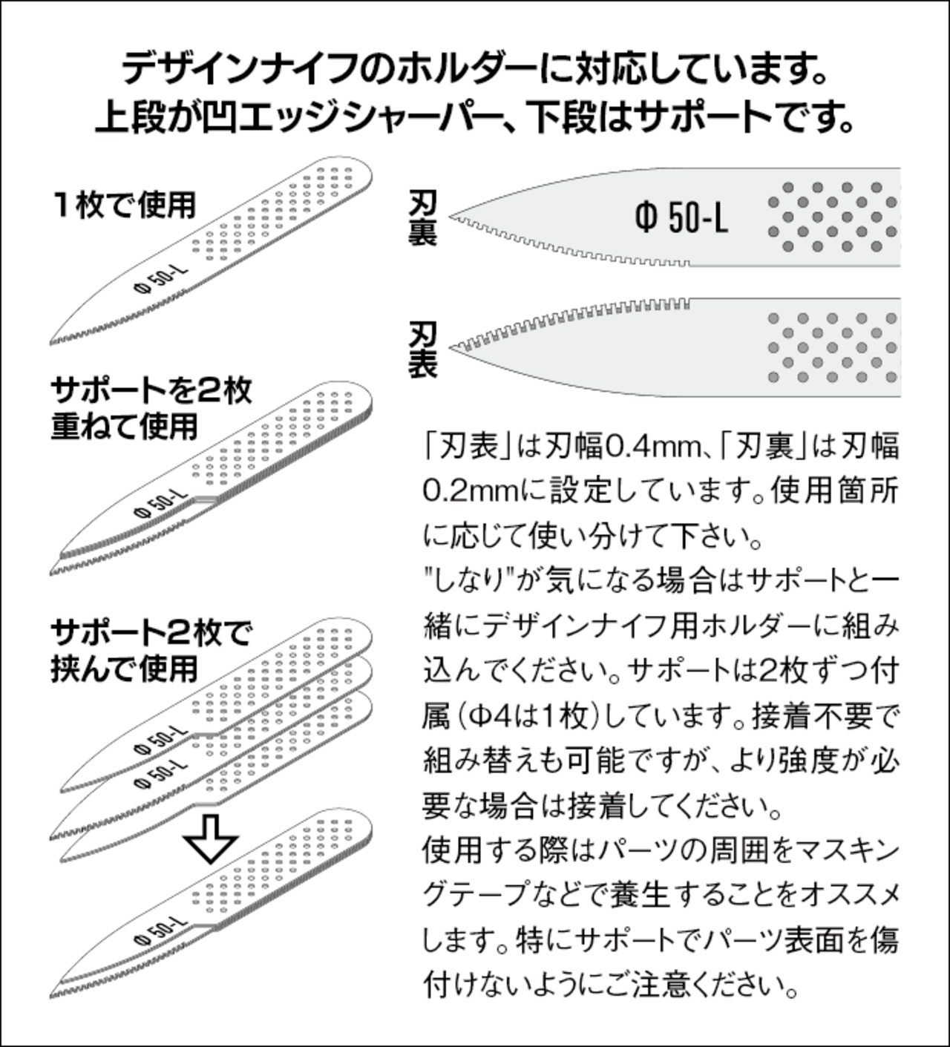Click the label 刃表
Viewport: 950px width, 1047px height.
(x=423, y=349)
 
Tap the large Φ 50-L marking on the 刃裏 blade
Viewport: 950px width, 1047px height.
(x=681, y=217)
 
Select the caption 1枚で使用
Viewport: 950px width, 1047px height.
(x=124, y=205)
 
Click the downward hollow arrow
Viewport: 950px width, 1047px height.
(x=210, y=838)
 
